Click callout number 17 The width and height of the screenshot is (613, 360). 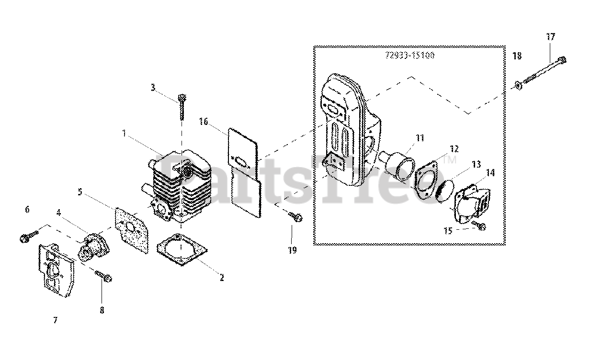point(550,36)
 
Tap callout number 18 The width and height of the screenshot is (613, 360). point(517,56)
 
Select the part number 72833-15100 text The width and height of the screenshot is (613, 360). point(409,56)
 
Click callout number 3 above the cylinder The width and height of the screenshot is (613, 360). point(153,87)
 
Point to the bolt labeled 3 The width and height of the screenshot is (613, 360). point(182,106)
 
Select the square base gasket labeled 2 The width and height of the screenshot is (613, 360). point(182,248)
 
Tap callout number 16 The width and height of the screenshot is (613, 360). point(203,122)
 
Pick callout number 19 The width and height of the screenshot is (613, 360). point(292,250)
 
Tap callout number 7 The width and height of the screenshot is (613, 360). point(55,320)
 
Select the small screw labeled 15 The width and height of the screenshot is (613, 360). point(478,225)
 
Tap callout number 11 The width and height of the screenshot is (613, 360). point(420,138)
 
